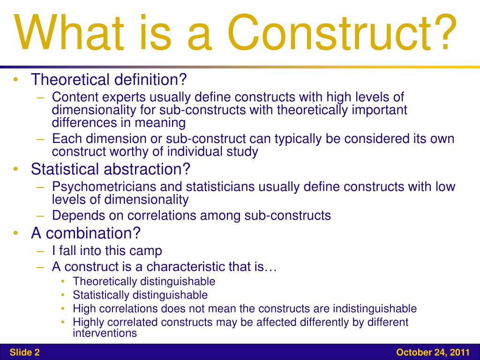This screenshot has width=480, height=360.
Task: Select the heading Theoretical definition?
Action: [x=109, y=80]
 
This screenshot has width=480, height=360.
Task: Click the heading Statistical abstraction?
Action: [x=110, y=169]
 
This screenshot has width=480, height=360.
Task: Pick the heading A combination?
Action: [x=86, y=232]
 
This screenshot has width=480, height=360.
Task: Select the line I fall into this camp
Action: [x=107, y=251]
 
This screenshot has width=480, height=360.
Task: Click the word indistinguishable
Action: [x=375, y=309]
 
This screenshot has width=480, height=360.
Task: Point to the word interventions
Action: [x=105, y=333]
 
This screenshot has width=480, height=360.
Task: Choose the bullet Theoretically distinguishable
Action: [x=144, y=282]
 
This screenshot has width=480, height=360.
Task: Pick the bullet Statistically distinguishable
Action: [x=140, y=295]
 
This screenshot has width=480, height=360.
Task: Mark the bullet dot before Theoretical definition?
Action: [x=16, y=80]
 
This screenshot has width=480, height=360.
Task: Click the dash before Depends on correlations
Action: [x=41, y=216]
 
